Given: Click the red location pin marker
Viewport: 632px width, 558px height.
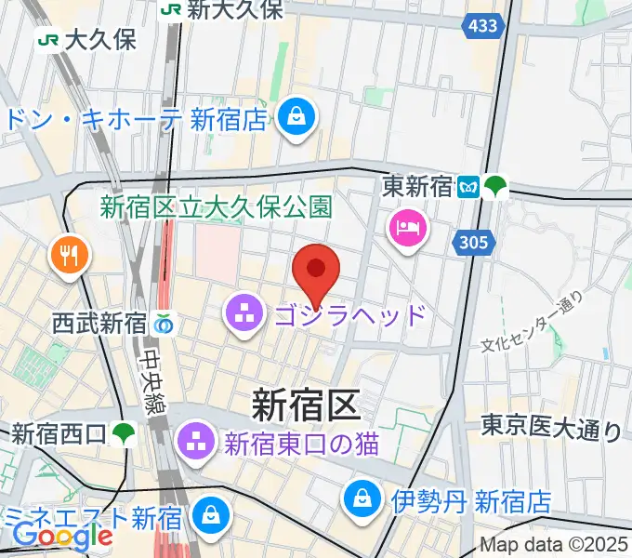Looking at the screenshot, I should [x=316, y=271].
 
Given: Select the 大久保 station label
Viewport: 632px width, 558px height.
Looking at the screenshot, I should [x=99, y=40].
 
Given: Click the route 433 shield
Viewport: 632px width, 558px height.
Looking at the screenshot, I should [x=483, y=25].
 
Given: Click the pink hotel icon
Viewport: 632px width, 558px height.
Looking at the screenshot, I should [x=408, y=228].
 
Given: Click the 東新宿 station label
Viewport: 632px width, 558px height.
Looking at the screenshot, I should [x=417, y=187].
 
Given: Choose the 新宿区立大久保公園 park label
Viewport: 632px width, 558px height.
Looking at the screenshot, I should [x=216, y=206].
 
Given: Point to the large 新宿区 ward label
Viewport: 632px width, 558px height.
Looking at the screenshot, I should [x=305, y=406].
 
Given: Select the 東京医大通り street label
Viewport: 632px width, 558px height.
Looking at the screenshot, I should [x=552, y=428].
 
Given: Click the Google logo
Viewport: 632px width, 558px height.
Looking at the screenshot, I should [x=63, y=536].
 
